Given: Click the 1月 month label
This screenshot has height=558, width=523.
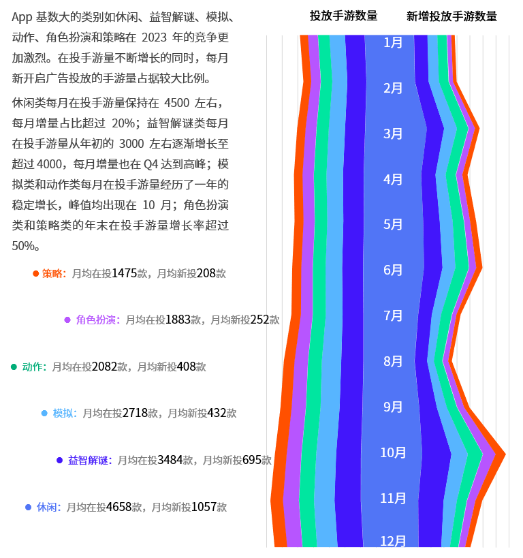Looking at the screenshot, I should tap(393, 42).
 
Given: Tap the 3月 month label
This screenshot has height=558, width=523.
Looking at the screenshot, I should tap(393, 134).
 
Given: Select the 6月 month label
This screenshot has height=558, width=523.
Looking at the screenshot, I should tap(393, 270).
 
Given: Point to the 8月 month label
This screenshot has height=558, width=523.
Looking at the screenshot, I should tap(393, 361).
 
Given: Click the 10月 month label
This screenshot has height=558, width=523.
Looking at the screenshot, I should tap(393, 452).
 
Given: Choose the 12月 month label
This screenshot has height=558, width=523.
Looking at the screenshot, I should tap(393, 541).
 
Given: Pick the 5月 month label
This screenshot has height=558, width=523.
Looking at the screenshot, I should tap(393, 224).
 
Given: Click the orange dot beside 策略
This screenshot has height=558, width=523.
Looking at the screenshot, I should tap(35, 273).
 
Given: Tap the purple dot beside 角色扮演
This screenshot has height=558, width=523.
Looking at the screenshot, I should tap(67, 320).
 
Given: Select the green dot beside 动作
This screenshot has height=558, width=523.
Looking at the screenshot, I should tap(14, 367).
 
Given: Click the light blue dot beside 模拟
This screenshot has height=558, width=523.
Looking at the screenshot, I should tap(44, 413).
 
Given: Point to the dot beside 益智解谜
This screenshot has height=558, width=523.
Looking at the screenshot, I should tap(59, 460).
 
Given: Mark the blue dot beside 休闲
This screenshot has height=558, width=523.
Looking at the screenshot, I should tap(28, 507).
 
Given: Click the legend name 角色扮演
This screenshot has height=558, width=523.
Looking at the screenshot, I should tap(97, 320).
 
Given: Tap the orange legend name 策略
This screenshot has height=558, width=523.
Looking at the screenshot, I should tap(52, 273).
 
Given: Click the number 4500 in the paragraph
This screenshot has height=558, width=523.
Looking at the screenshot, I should tap(176, 104).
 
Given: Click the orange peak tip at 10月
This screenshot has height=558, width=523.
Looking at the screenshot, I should tap(505, 453).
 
